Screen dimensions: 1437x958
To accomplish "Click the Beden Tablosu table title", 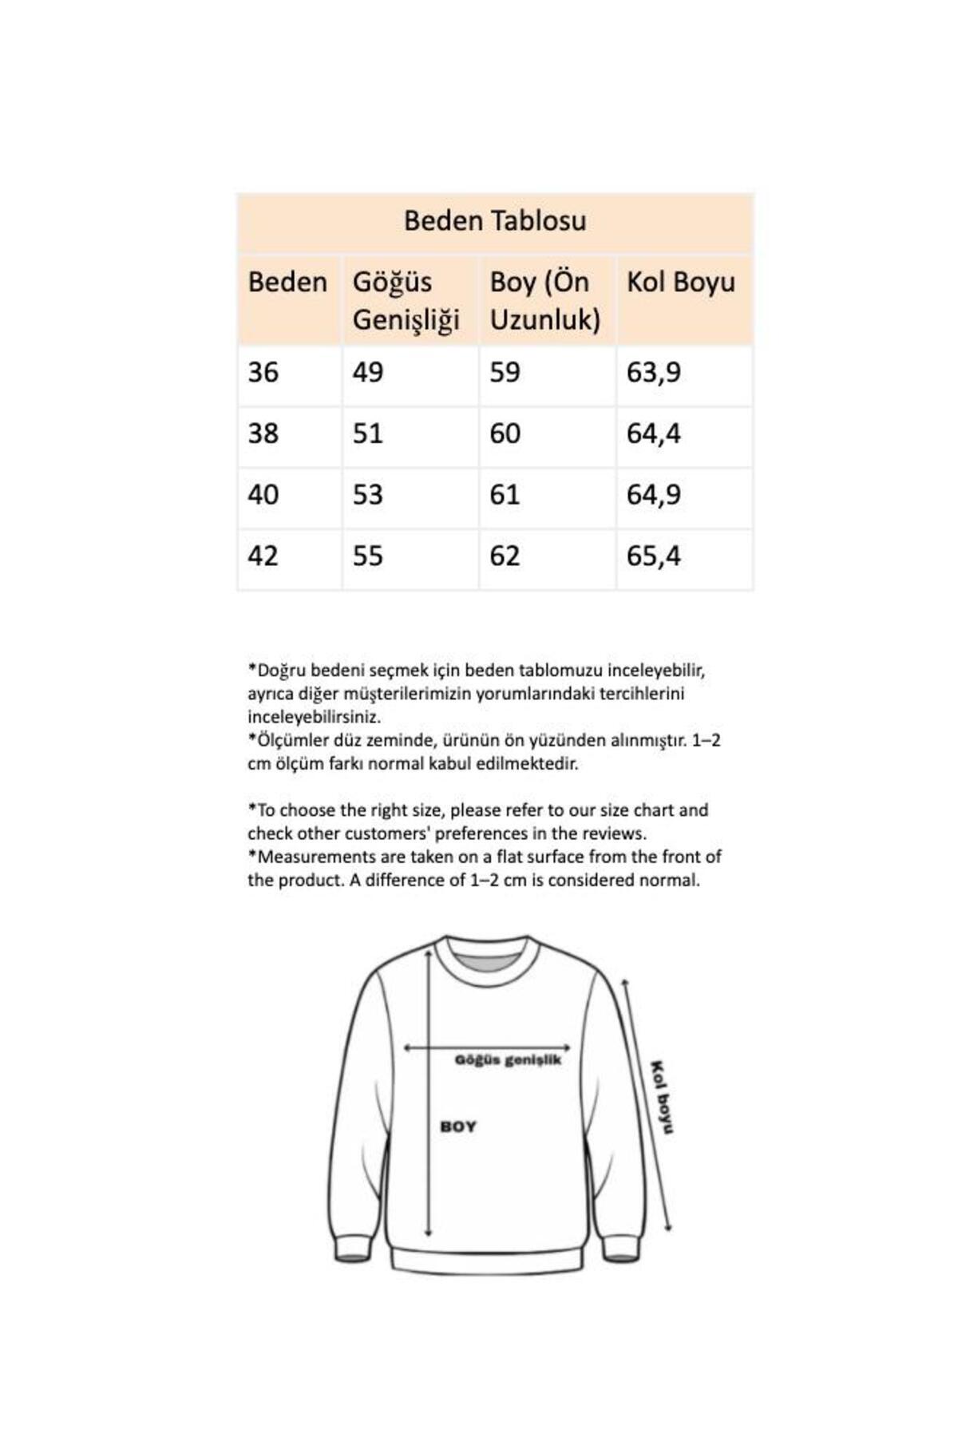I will (x=495, y=221).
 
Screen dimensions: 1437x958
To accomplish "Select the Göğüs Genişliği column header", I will (x=406, y=300).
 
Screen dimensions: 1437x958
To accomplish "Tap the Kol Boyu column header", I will (x=680, y=282).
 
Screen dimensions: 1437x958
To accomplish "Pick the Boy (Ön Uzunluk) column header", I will (x=544, y=300).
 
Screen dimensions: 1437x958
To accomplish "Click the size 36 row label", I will (x=263, y=372).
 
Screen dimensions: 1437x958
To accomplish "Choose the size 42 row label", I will (x=263, y=556).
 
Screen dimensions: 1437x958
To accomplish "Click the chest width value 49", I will (x=368, y=372).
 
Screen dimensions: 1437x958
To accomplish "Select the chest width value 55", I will (x=368, y=556).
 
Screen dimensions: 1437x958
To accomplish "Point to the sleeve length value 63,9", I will (x=654, y=372).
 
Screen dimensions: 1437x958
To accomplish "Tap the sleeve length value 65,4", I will (x=654, y=556).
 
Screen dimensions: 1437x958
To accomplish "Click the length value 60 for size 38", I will (x=505, y=433).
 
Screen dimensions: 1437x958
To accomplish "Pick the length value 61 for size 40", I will (x=505, y=495).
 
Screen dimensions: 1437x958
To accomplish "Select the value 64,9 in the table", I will (x=654, y=495).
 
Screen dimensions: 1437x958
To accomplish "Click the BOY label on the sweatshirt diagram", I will (x=458, y=1126).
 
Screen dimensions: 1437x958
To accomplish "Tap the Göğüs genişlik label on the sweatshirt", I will (x=508, y=1060).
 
